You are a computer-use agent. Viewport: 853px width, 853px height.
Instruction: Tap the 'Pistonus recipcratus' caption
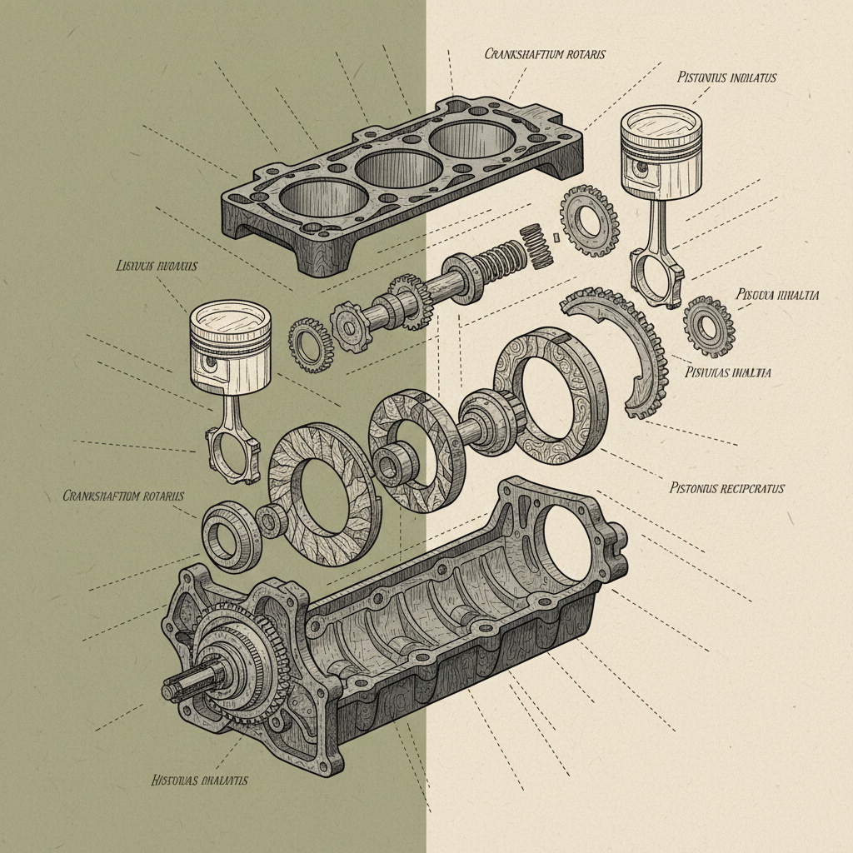726,488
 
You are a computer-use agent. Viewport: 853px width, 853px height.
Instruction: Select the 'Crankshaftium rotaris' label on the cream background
545,54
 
